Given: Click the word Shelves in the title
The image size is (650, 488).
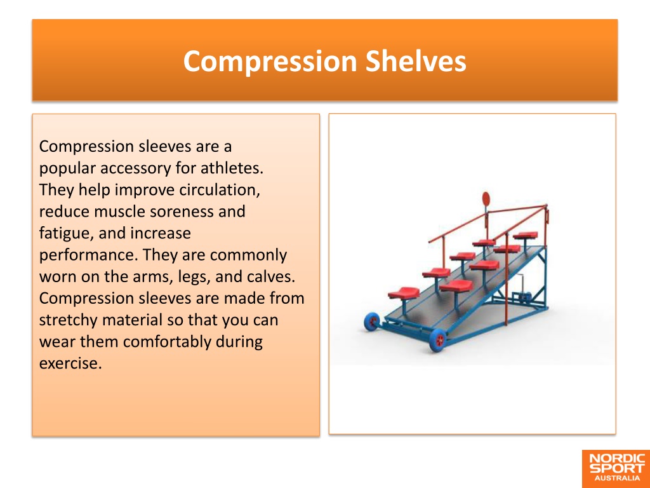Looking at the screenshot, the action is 416,61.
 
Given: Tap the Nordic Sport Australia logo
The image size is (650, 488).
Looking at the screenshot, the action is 616,469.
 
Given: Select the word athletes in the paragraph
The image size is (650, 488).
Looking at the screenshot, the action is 232,168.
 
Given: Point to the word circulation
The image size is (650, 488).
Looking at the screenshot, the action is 220,189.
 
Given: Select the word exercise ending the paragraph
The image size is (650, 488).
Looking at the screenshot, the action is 70,363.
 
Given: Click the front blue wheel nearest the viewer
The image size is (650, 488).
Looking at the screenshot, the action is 437,341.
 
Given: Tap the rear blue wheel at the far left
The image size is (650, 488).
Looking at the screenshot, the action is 372,322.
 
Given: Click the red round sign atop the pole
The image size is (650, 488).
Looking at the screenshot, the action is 486,198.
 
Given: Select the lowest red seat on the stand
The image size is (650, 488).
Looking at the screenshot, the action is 403,294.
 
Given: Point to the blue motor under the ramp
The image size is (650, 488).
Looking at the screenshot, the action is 522,297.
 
